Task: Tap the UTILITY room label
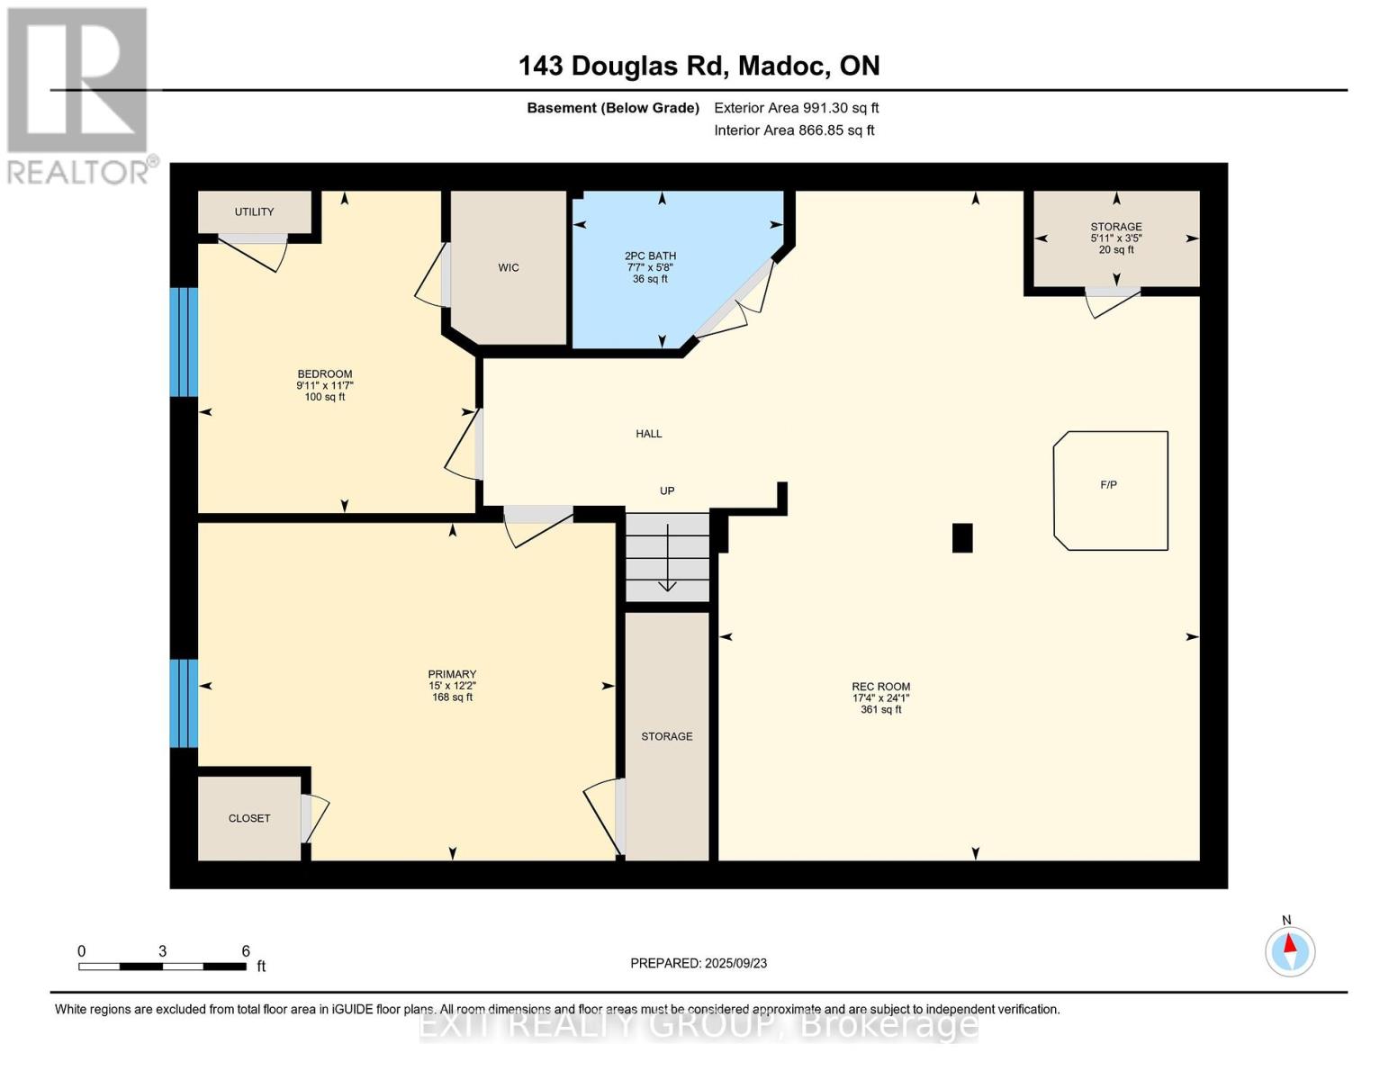click(x=254, y=211)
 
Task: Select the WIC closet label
click(x=509, y=267)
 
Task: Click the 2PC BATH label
click(x=650, y=256)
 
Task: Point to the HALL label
click(x=648, y=434)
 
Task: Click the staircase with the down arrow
click(x=667, y=557)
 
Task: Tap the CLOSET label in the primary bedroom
click(x=249, y=818)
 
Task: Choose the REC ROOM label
click(x=880, y=687)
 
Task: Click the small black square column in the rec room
click(x=961, y=538)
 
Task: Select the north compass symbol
click(x=1289, y=950)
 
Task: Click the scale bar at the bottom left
click(x=163, y=966)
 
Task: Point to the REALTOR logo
click(x=80, y=96)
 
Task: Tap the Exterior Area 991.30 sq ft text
click(x=797, y=108)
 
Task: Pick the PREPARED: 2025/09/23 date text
click(x=699, y=963)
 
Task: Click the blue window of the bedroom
click(x=184, y=342)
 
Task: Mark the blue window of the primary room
click(x=184, y=703)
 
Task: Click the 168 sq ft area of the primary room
click(x=452, y=697)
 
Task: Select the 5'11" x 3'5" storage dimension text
click(x=1116, y=238)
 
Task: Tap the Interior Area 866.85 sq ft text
click(x=795, y=130)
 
